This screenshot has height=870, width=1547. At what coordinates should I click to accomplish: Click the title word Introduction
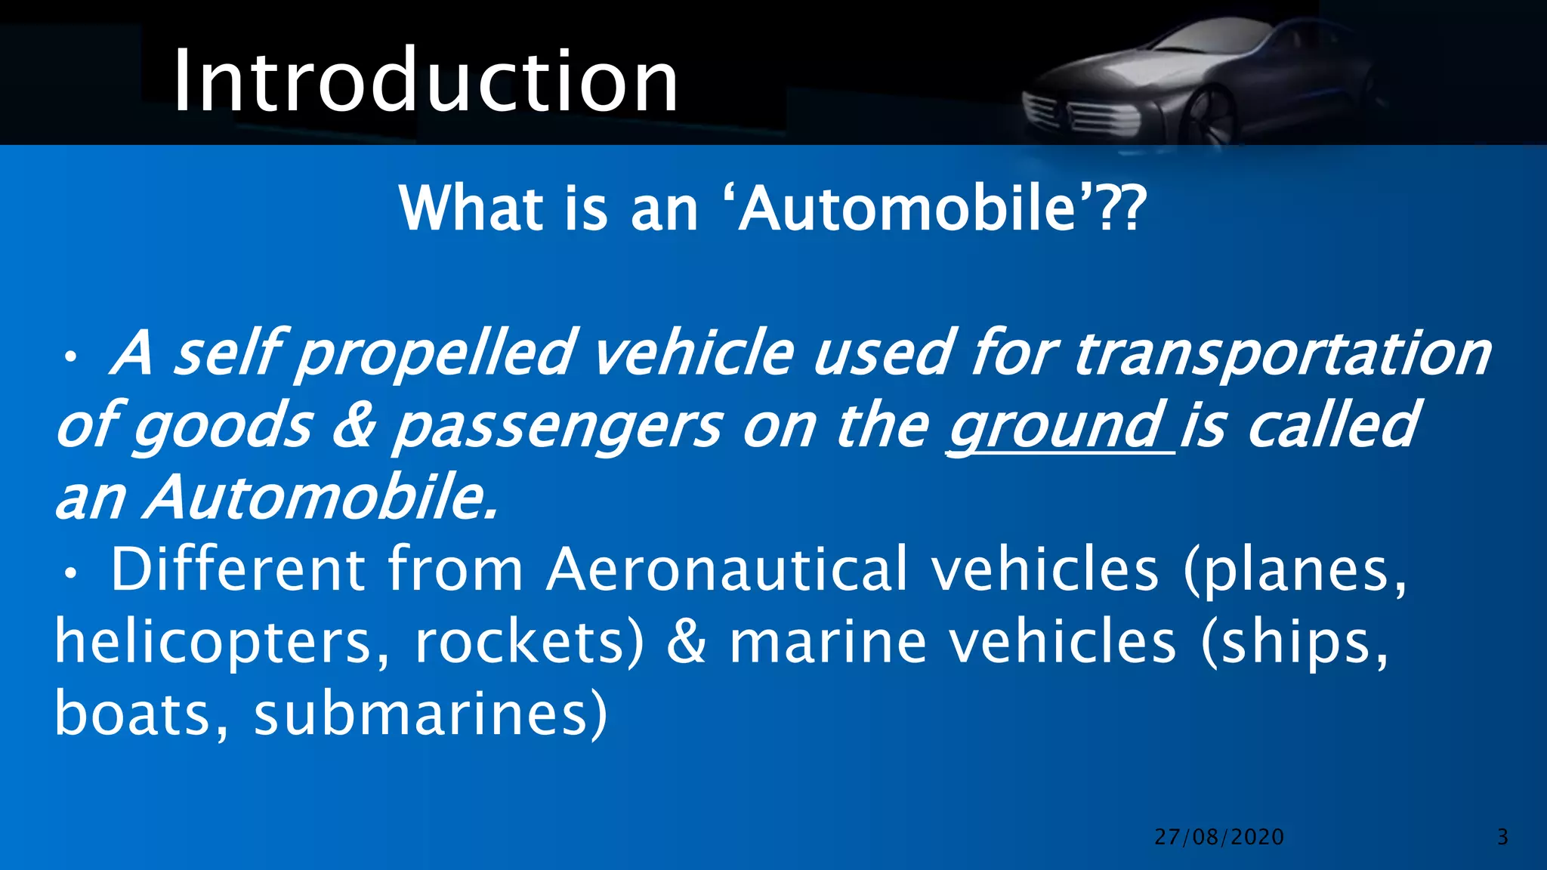pyautogui.click(x=425, y=80)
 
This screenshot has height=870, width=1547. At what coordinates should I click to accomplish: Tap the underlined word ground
pyautogui.click(x=1054, y=425)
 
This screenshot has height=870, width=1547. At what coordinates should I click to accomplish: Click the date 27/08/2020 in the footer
pyautogui.click(x=1219, y=837)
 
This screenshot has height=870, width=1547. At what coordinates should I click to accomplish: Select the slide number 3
pyautogui.click(x=1502, y=837)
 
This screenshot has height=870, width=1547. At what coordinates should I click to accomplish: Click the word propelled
pyautogui.click(x=435, y=353)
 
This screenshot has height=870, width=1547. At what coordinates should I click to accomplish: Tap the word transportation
pyautogui.click(x=1282, y=353)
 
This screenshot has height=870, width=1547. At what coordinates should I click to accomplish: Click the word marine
pyautogui.click(x=828, y=642)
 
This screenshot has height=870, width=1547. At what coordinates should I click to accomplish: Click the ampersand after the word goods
pyautogui.click(x=353, y=425)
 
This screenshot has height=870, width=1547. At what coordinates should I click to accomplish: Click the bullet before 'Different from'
pyautogui.click(x=70, y=575)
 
